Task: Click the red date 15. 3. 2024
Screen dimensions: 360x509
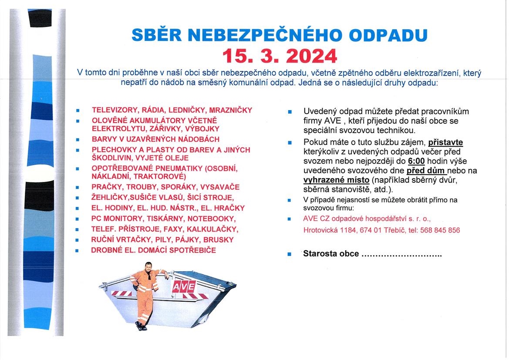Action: click(280, 56)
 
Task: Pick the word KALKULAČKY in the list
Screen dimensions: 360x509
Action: click(216, 229)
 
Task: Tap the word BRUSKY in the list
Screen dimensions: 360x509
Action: click(220, 240)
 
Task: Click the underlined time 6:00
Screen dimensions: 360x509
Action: click(416, 161)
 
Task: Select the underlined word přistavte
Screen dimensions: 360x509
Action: click(445, 142)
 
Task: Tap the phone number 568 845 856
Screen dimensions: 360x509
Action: click(440, 230)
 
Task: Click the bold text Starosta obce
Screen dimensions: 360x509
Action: click(331, 254)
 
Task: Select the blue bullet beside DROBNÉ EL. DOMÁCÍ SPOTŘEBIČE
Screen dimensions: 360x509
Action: click(78, 251)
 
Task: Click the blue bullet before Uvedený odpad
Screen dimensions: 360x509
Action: click(290, 112)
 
